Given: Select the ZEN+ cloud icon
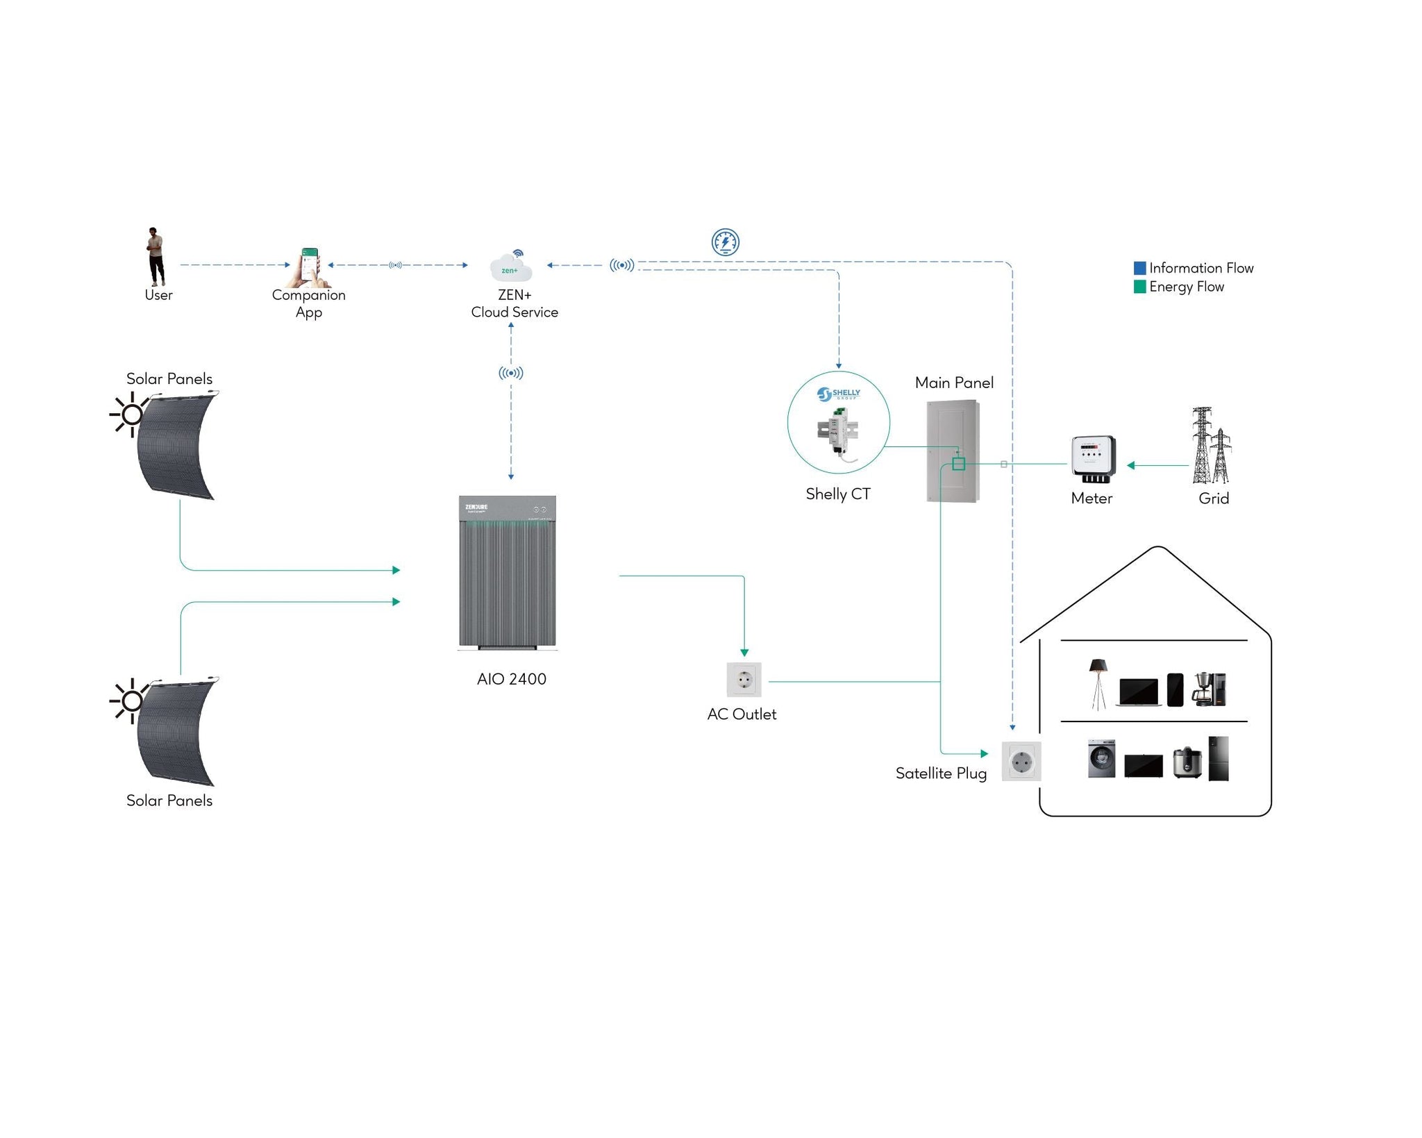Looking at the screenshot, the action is tap(511, 265).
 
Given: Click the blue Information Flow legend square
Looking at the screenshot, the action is tap(1139, 268).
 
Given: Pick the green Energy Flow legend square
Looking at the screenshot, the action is tap(1139, 287).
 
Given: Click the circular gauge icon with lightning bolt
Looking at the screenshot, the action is tap(726, 242).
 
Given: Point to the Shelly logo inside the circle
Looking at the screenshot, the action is tap(839, 394).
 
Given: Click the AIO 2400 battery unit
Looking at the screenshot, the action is tap(508, 573).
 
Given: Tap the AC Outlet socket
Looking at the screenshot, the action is tap(744, 680).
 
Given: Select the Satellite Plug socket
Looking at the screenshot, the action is tap(1021, 761).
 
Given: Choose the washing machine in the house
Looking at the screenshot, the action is tap(1102, 758).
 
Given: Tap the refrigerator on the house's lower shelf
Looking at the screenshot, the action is tap(1219, 759).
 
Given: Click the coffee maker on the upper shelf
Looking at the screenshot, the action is tap(1209, 689).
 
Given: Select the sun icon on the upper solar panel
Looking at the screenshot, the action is tap(130, 415).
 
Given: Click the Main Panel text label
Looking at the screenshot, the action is tap(954, 383).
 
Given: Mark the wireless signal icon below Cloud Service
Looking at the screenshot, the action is tap(511, 373).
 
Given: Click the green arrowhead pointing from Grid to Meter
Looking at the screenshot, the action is tap(1131, 465).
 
